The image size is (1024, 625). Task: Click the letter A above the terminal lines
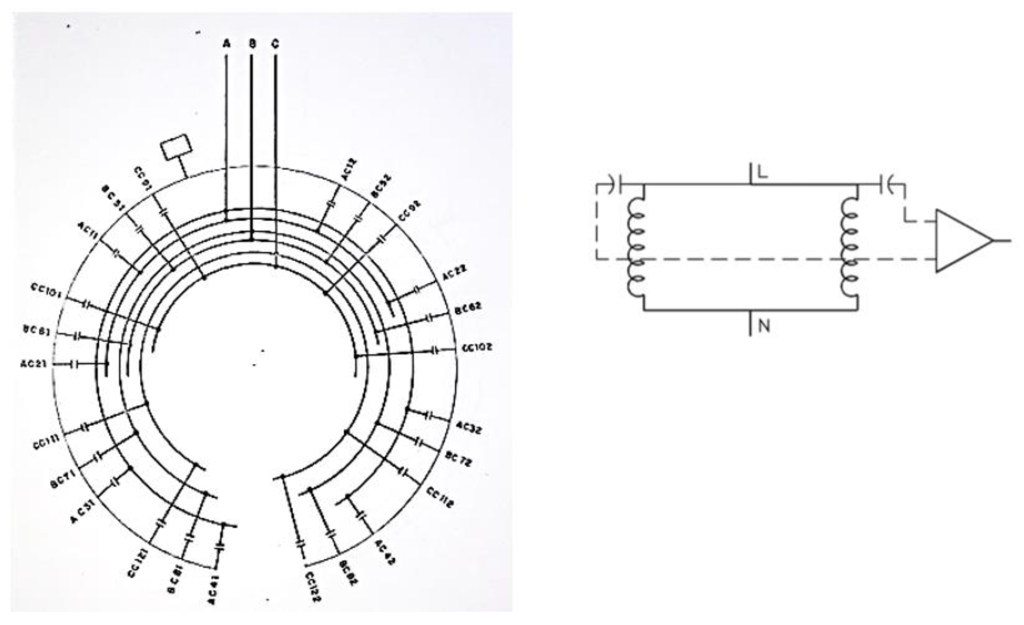[227, 43]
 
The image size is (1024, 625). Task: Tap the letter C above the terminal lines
[275, 44]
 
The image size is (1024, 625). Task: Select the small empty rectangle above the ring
[176, 147]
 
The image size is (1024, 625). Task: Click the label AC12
[349, 170]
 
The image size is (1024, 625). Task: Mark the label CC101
[46, 291]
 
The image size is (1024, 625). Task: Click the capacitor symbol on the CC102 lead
[435, 350]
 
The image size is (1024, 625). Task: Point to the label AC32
[469, 428]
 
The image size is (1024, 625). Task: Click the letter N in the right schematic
[764, 326]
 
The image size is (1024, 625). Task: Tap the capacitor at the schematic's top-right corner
[886, 184]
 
